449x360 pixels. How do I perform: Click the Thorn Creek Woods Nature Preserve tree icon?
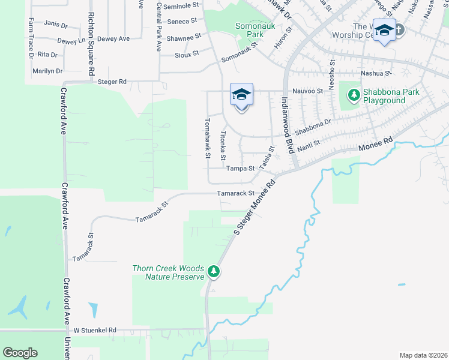(213, 272)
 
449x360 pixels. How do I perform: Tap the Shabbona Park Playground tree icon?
(354, 95)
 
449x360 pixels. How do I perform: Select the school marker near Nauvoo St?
(241, 95)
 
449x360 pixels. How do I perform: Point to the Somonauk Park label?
(251, 31)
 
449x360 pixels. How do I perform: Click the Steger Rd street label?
(113, 82)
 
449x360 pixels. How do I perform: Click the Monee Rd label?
(375, 145)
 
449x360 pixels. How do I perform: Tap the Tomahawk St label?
(207, 137)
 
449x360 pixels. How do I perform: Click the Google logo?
(20, 353)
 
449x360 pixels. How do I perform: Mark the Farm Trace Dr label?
(30, 38)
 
